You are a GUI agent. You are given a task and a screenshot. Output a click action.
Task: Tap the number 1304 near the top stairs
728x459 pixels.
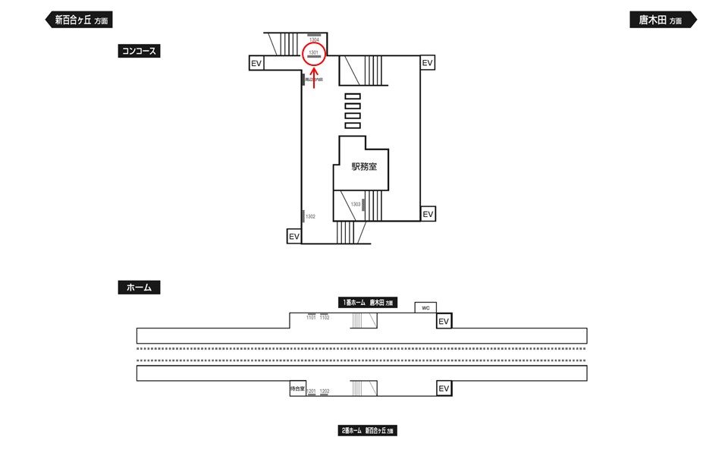[314, 40]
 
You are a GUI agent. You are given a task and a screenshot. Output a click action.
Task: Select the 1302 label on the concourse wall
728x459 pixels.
[310, 217]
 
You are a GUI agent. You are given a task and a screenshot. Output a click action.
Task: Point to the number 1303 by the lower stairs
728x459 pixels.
[356, 204]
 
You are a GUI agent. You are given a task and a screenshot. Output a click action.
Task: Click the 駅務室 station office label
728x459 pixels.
[363, 167]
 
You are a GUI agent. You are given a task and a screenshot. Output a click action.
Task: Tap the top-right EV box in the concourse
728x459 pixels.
[428, 63]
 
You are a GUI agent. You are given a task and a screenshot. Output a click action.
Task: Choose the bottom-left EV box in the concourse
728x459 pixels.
[294, 237]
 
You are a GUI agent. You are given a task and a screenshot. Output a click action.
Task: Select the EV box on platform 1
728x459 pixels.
[444, 322]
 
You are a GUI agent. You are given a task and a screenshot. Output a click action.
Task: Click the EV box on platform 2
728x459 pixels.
[444, 388]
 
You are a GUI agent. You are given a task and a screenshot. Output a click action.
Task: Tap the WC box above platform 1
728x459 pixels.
[425, 308]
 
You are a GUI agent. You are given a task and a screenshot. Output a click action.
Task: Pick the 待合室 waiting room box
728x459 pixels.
[297, 388]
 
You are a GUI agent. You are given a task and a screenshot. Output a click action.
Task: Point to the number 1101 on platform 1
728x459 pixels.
[311, 318]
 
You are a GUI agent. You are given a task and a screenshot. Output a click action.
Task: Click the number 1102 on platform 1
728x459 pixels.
[325, 318]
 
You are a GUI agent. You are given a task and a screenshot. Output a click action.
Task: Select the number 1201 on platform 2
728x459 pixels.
[311, 391]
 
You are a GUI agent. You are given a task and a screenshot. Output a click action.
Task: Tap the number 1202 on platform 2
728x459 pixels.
[325, 391]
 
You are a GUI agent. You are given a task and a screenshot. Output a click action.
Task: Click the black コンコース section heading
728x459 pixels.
[140, 51]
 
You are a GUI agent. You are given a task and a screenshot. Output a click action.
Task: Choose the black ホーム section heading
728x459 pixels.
[140, 288]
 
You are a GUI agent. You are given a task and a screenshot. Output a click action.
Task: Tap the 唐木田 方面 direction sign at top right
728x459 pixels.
[661, 20]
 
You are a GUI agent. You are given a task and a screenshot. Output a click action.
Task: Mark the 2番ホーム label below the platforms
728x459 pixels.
[368, 431]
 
